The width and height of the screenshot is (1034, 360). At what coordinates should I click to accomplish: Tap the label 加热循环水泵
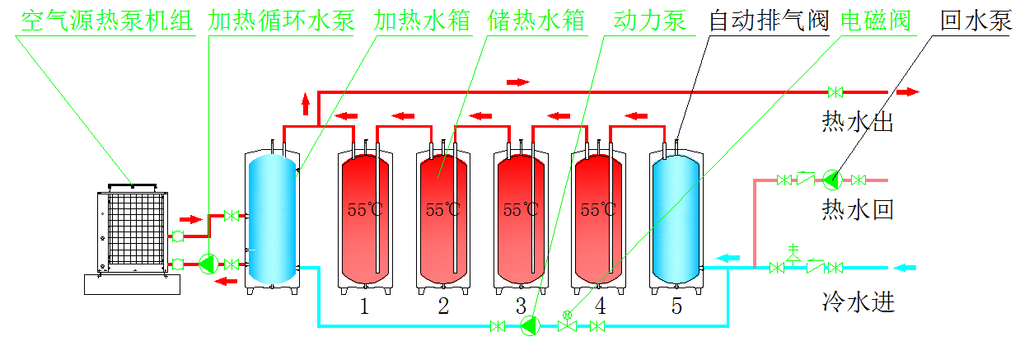[x=282, y=21]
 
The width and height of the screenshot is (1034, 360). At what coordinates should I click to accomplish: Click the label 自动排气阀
[x=769, y=21]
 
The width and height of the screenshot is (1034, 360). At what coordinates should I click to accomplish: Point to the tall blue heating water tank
[x=272, y=219]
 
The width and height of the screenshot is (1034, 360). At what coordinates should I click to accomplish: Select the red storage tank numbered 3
[x=521, y=219]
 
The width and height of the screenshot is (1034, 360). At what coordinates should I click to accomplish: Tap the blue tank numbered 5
[x=676, y=219]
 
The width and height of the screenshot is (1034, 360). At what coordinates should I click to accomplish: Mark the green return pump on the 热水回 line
[x=832, y=179]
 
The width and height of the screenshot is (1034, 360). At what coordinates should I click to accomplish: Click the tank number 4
[x=600, y=306]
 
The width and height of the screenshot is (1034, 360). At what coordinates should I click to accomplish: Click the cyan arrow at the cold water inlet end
[x=905, y=267]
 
